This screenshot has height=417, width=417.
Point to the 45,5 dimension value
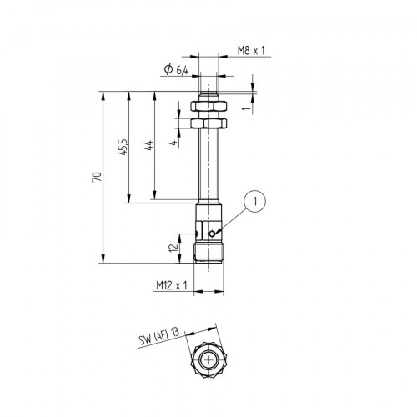(123, 146)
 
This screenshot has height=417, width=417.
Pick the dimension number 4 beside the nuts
(173, 143)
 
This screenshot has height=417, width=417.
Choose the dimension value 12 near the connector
(173, 248)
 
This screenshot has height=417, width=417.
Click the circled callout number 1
(258, 200)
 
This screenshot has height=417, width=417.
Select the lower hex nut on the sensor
(208, 123)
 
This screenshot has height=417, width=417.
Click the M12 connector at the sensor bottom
(208, 251)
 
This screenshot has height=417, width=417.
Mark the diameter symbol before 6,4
(168, 70)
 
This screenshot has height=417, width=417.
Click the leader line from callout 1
(236, 217)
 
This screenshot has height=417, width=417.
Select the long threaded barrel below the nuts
(208, 167)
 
